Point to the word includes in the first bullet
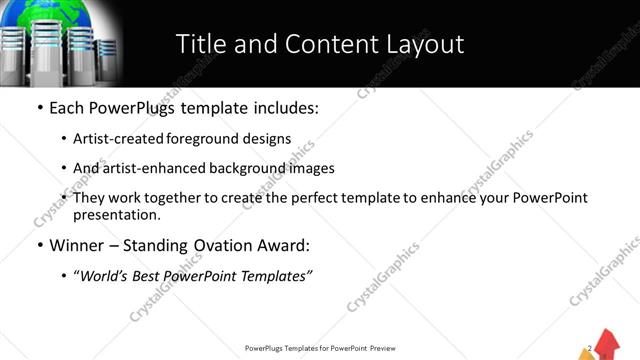[x=280, y=107]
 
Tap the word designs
[x=268, y=139]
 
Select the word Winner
[x=77, y=245]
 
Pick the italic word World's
[x=105, y=276]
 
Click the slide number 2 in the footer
[x=592, y=348]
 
